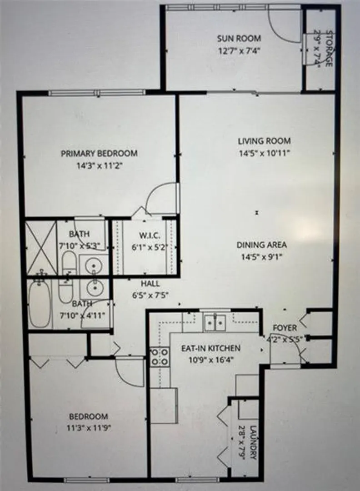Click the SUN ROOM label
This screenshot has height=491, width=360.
[x=239, y=39]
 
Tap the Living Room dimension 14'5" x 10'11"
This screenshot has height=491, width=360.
[x=264, y=154]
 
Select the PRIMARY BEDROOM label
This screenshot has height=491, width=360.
[x=99, y=154]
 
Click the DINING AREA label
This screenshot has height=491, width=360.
[x=261, y=245]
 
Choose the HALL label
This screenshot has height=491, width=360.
[x=150, y=284]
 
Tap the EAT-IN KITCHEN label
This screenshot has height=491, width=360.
[x=211, y=348]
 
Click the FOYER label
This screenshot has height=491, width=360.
[x=285, y=328]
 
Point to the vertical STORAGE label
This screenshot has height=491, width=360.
[x=328, y=48]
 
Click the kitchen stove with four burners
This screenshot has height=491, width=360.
[x=160, y=357]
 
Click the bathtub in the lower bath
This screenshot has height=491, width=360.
[x=39, y=304]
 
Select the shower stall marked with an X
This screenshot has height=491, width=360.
[x=41, y=248]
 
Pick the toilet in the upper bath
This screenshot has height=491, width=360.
[x=69, y=263]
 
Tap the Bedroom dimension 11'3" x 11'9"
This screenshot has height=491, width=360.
[x=89, y=428]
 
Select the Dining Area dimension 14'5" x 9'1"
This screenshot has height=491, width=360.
[x=262, y=257]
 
